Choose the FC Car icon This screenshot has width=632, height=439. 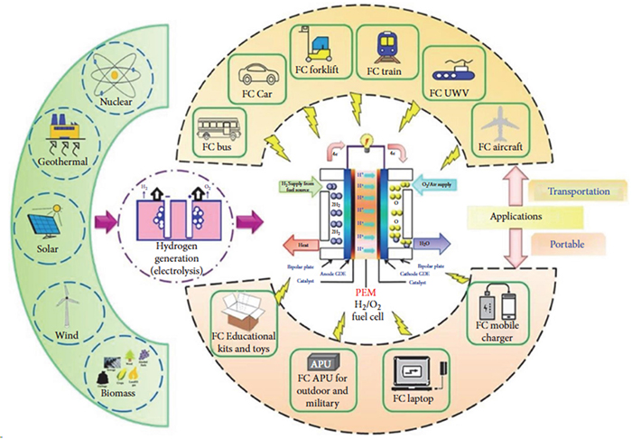click(x=256, y=73)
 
